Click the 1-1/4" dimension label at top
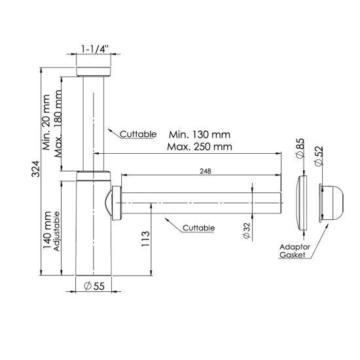95,49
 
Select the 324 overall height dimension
36,169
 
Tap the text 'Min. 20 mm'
46,122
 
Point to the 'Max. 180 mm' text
58,124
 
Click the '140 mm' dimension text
47,230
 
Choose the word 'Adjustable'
56,231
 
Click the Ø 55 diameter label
94,286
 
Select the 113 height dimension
145,239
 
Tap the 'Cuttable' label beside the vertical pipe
138,134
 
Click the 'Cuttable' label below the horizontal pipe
198,228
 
